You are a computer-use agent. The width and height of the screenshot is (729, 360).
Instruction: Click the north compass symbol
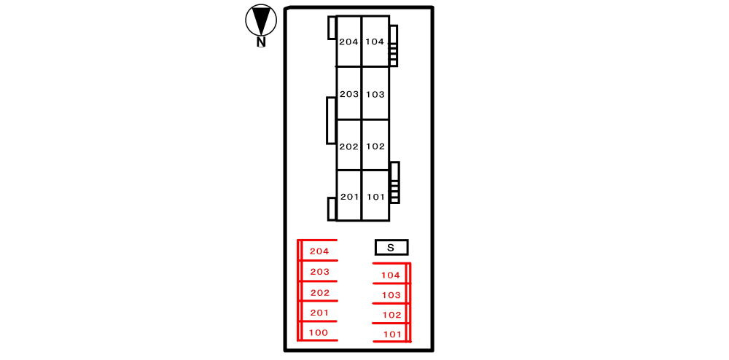[x=261, y=21]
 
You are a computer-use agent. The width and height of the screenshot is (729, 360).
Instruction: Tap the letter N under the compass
[x=260, y=42]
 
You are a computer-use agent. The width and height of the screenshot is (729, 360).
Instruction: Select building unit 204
[x=348, y=42]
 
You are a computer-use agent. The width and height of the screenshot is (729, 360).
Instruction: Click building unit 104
[x=375, y=42]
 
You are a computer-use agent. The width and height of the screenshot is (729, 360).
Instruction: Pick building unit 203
[x=348, y=94]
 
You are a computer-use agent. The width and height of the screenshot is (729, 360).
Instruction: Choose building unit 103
[x=375, y=94]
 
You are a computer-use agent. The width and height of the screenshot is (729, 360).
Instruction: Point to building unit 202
[x=348, y=146]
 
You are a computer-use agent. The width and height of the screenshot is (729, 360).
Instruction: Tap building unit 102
[x=375, y=146]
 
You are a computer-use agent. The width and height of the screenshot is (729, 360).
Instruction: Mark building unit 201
[x=349, y=196]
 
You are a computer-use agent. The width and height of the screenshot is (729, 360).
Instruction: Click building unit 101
[x=375, y=196]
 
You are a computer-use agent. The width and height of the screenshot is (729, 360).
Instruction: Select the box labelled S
[x=391, y=248]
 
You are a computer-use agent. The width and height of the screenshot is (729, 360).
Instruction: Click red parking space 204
[x=319, y=251]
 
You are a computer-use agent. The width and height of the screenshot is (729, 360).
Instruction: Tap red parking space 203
[x=319, y=272]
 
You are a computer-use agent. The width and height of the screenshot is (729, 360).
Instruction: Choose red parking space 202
[x=319, y=292]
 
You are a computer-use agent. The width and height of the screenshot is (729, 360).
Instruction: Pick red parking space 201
[x=319, y=313]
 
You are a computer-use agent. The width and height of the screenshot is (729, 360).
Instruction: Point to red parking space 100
[x=319, y=332]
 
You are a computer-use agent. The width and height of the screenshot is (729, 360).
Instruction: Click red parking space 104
[x=391, y=275]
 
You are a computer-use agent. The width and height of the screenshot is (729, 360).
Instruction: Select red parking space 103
[x=391, y=294]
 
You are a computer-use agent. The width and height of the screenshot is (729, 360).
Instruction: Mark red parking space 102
[x=391, y=315]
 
